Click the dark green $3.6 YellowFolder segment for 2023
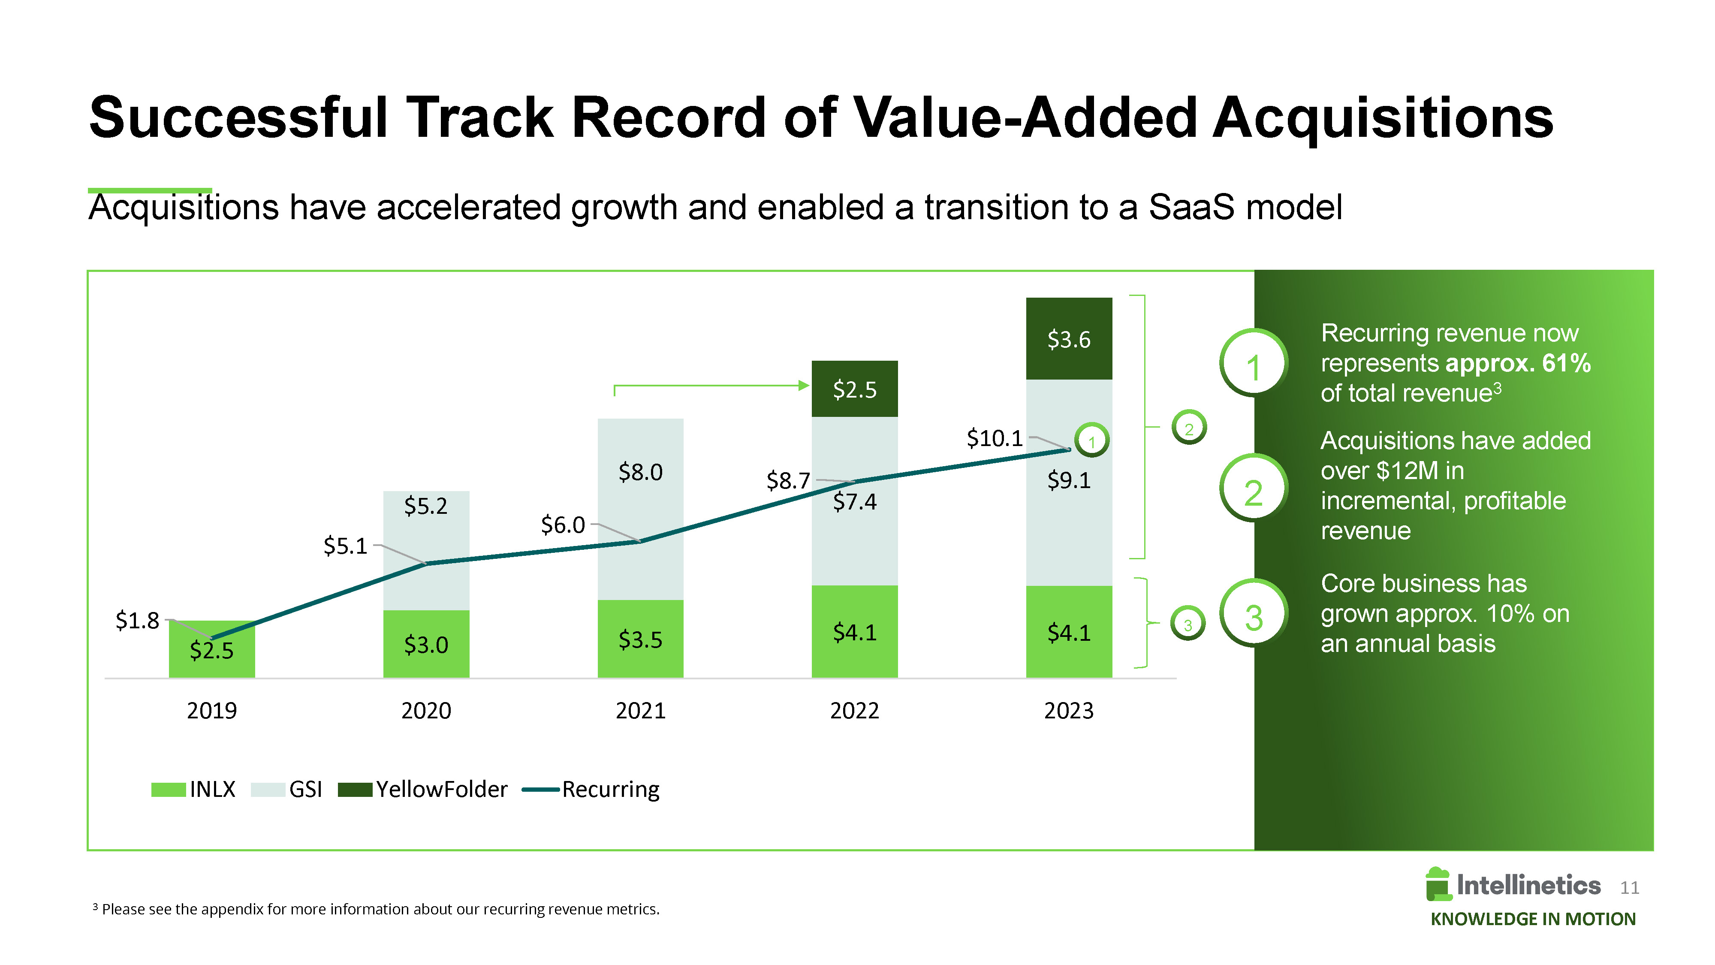point(1069,338)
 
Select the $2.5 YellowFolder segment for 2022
point(854,389)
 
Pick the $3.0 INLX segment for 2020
point(426,644)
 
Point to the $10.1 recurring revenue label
point(994,438)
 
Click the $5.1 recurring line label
point(345,546)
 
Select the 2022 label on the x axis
point(854,711)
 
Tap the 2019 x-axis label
point(212,711)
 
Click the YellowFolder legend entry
point(423,789)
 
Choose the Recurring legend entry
point(591,789)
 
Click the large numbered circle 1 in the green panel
point(1253,364)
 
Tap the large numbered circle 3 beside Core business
point(1253,615)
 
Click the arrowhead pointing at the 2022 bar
point(804,385)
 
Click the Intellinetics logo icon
point(1438,884)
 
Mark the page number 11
point(1629,888)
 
